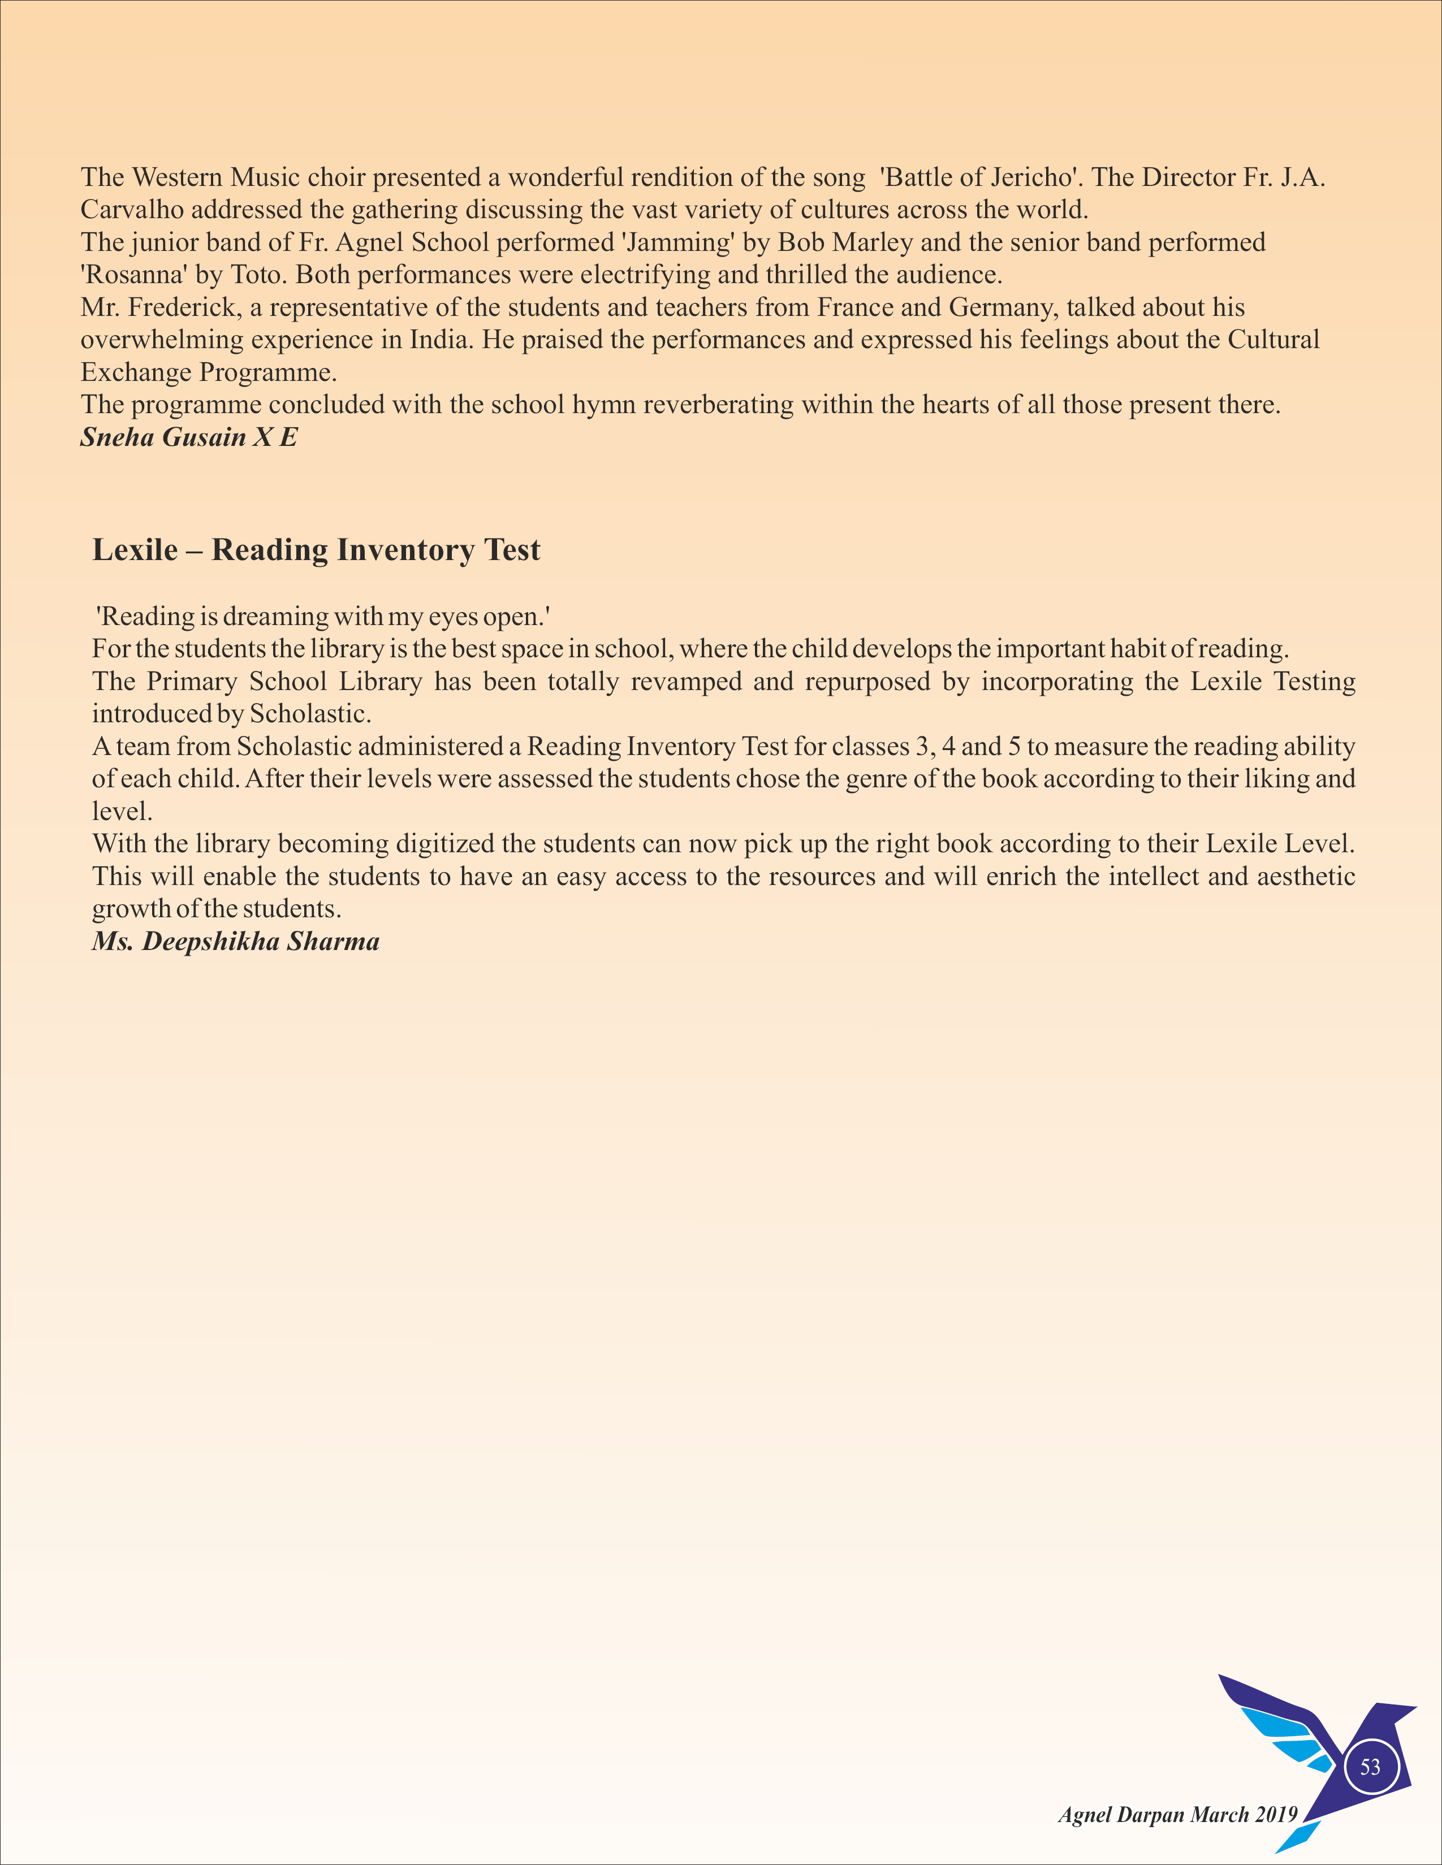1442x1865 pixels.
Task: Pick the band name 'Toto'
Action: [x=256, y=275]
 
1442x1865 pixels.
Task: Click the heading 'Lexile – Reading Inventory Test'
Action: [x=316, y=550]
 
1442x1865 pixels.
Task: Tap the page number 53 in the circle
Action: [x=1370, y=1767]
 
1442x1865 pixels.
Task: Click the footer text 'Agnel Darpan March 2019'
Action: [x=1177, y=1815]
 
